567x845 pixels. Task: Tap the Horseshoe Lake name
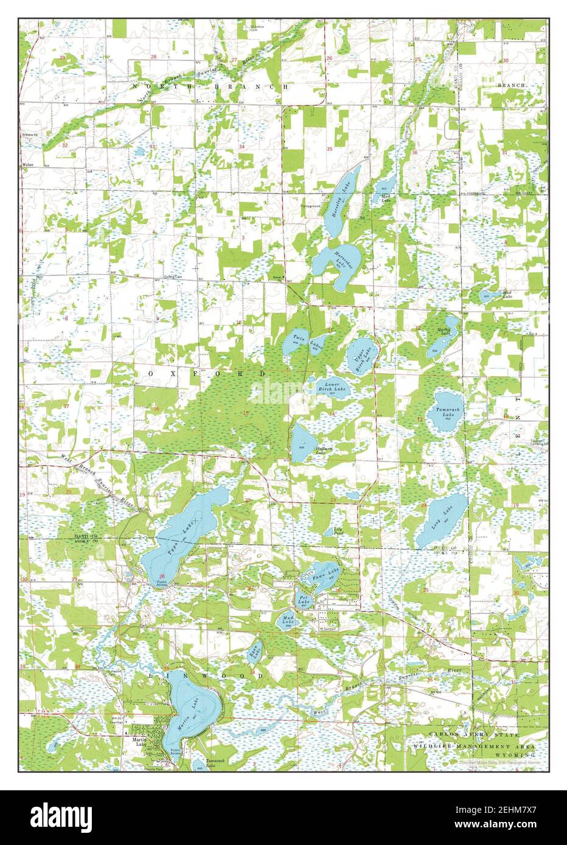pyautogui.click(x=339, y=260)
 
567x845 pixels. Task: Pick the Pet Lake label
pyautogui.click(x=303, y=599)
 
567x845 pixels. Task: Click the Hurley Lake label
pyautogui.click(x=444, y=333)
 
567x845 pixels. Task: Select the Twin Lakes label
pyautogui.click(x=306, y=342)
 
